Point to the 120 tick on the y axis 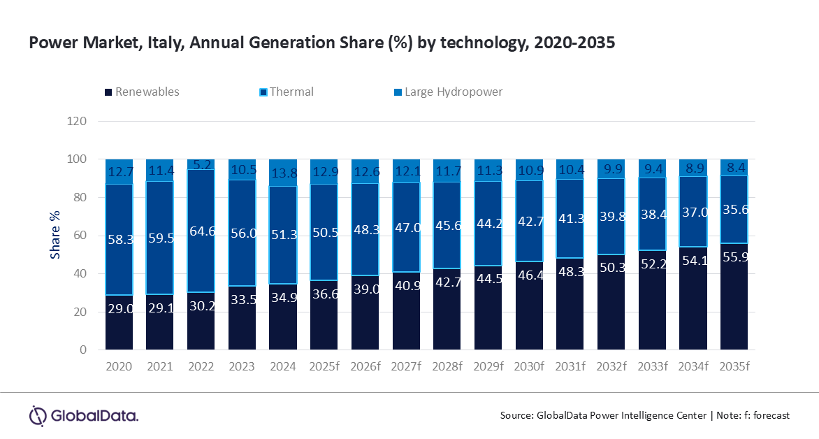coord(78,121)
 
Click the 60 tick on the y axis coord(80,236)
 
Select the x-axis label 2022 coord(201,366)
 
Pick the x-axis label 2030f coord(529,366)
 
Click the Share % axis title coord(55,236)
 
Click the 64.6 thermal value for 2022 coord(201,229)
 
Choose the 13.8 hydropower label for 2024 coord(283,171)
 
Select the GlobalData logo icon coord(37,415)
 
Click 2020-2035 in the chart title coord(574,43)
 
